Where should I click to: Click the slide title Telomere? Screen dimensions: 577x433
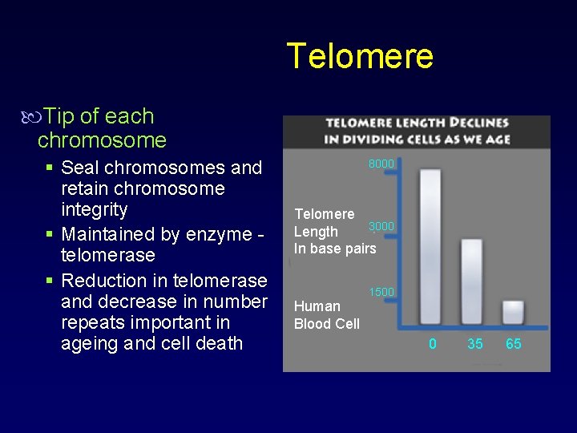(x=360, y=56)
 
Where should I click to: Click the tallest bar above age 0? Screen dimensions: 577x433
(x=430, y=245)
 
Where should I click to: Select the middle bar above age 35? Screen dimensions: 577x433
(x=473, y=281)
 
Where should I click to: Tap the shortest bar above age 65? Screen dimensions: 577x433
(x=513, y=312)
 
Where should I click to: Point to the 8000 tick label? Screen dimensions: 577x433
(x=381, y=164)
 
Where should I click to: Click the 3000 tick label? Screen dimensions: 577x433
(x=381, y=226)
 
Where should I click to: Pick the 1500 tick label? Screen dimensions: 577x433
(x=381, y=292)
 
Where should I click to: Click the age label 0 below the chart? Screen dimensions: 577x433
(x=433, y=344)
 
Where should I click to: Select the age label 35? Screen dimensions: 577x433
(x=475, y=344)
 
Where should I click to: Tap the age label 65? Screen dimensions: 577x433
(x=514, y=344)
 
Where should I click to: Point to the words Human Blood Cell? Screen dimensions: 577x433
(x=326, y=315)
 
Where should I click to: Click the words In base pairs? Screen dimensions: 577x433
(x=335, y=249)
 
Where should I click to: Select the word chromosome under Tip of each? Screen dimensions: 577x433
(x=102, y=140)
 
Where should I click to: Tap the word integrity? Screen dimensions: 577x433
(x=95, y=210)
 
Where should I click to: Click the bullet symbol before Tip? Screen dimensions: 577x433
(x=33, y=117)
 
